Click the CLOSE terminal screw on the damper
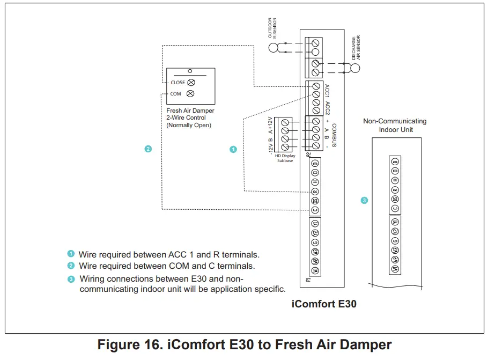click(x=191, y=83)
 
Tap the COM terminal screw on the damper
click(x=190, y=94)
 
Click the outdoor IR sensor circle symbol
click(x=274, y=48)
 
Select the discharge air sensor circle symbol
click(x=354, y=68)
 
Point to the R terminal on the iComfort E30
click(x=315, y=191)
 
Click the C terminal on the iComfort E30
click(x=315, y=210)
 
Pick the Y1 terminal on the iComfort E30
click(x=315, y=223)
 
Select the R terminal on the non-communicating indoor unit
click(x=395, y=189)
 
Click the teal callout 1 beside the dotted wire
click(x=233, y=149)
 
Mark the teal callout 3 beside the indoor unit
click(x=364, y=201)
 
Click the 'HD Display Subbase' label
click(x=285, y=158)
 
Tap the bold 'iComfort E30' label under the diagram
click(x=323, y=304)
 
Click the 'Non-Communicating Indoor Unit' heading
click(x=395, y=125)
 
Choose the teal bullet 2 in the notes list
click(x=71, y=266)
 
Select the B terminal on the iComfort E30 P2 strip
click(x=315, y=163)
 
